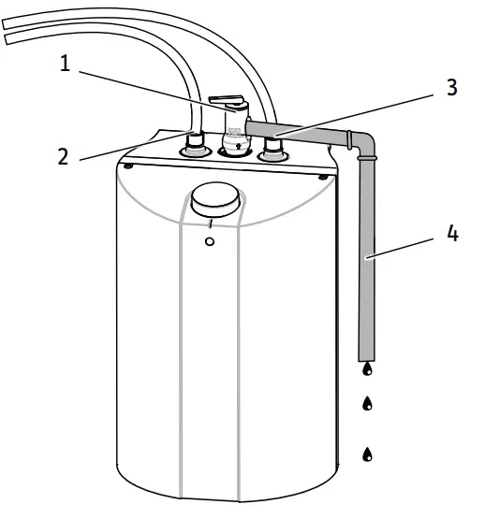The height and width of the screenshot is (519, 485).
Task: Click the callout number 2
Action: point(63,156)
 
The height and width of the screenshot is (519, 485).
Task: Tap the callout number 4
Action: point(452,234)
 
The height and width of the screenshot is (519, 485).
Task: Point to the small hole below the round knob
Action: point(210,241)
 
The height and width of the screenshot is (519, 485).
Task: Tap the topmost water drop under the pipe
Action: point(367,369)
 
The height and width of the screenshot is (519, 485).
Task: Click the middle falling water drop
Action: point(367,404)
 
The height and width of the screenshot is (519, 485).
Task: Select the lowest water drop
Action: point(367,454)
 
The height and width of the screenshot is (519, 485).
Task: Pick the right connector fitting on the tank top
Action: point(273,149)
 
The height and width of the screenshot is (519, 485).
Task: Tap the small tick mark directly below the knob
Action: point(212,224)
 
